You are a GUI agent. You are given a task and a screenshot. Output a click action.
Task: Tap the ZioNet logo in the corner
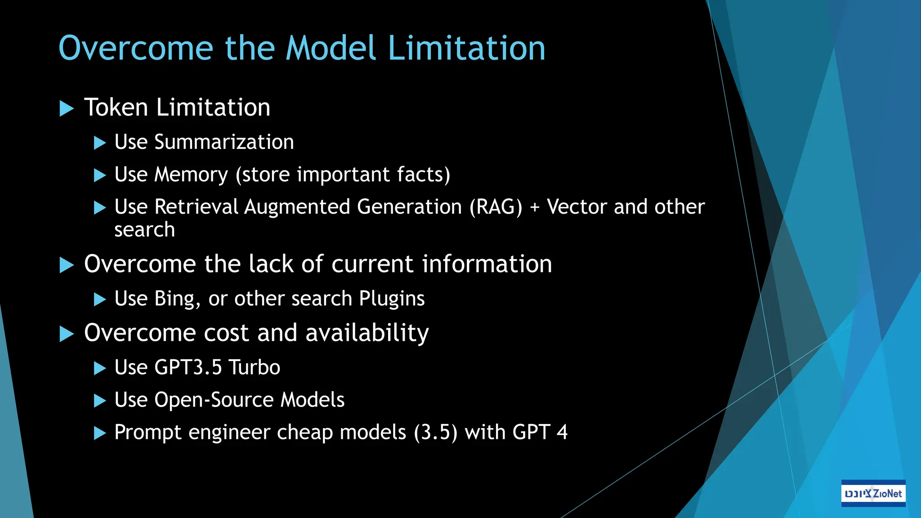coord(873,493)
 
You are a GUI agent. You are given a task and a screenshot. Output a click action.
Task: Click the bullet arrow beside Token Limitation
coord(67,108)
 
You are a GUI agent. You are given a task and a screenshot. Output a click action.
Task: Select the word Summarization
coord(224,142)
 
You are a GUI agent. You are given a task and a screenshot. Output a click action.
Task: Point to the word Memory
coord(191,175)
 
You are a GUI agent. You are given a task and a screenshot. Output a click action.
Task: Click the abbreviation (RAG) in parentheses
coord(496,207)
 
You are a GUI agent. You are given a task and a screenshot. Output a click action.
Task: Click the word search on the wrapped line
coord(144,230)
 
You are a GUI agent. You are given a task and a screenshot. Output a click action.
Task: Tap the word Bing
coord(177,299)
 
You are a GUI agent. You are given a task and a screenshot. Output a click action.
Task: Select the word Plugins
coord(392,299)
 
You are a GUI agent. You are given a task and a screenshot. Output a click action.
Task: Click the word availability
coord(367,333)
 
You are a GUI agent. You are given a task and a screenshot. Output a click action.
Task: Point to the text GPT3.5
coord(188,367)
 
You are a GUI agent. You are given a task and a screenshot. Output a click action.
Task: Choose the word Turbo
coord(255,367)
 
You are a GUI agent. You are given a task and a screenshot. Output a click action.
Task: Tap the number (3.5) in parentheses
coord(435,433)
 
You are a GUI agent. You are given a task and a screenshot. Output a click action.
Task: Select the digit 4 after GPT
coord(562,432)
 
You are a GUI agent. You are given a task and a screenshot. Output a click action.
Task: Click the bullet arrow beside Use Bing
coord(99,299)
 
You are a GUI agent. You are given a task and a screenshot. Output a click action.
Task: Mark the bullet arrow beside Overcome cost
coord(67,334)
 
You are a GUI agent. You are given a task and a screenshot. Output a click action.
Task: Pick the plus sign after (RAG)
coord(535,208)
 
